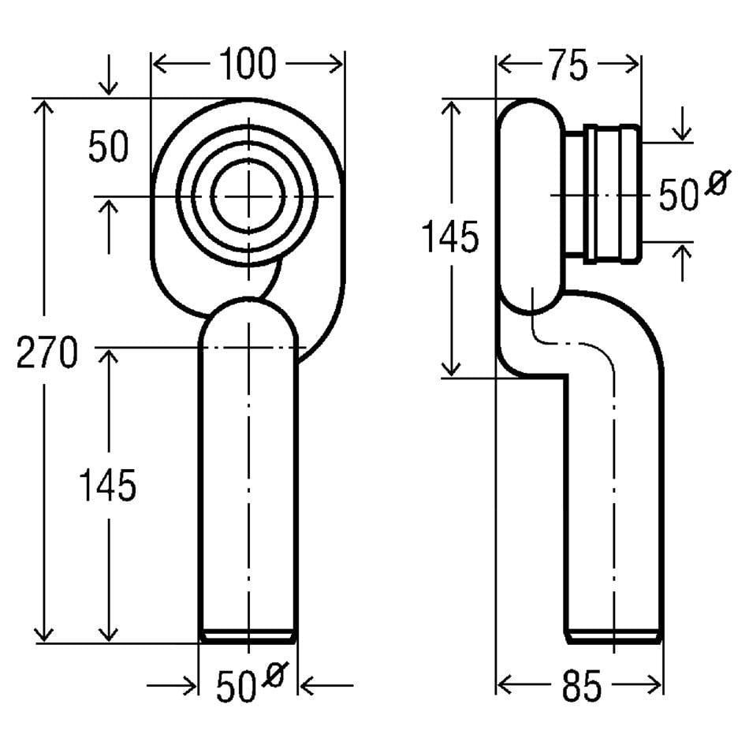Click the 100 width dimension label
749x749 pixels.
coord(248,63)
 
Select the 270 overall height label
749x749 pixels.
coord(47,352)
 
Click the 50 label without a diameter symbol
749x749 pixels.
coord(109,146)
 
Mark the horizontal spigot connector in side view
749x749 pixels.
coord(602,194)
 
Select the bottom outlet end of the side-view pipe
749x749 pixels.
coord(614,637)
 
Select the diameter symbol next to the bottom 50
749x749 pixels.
coord(274,674)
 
